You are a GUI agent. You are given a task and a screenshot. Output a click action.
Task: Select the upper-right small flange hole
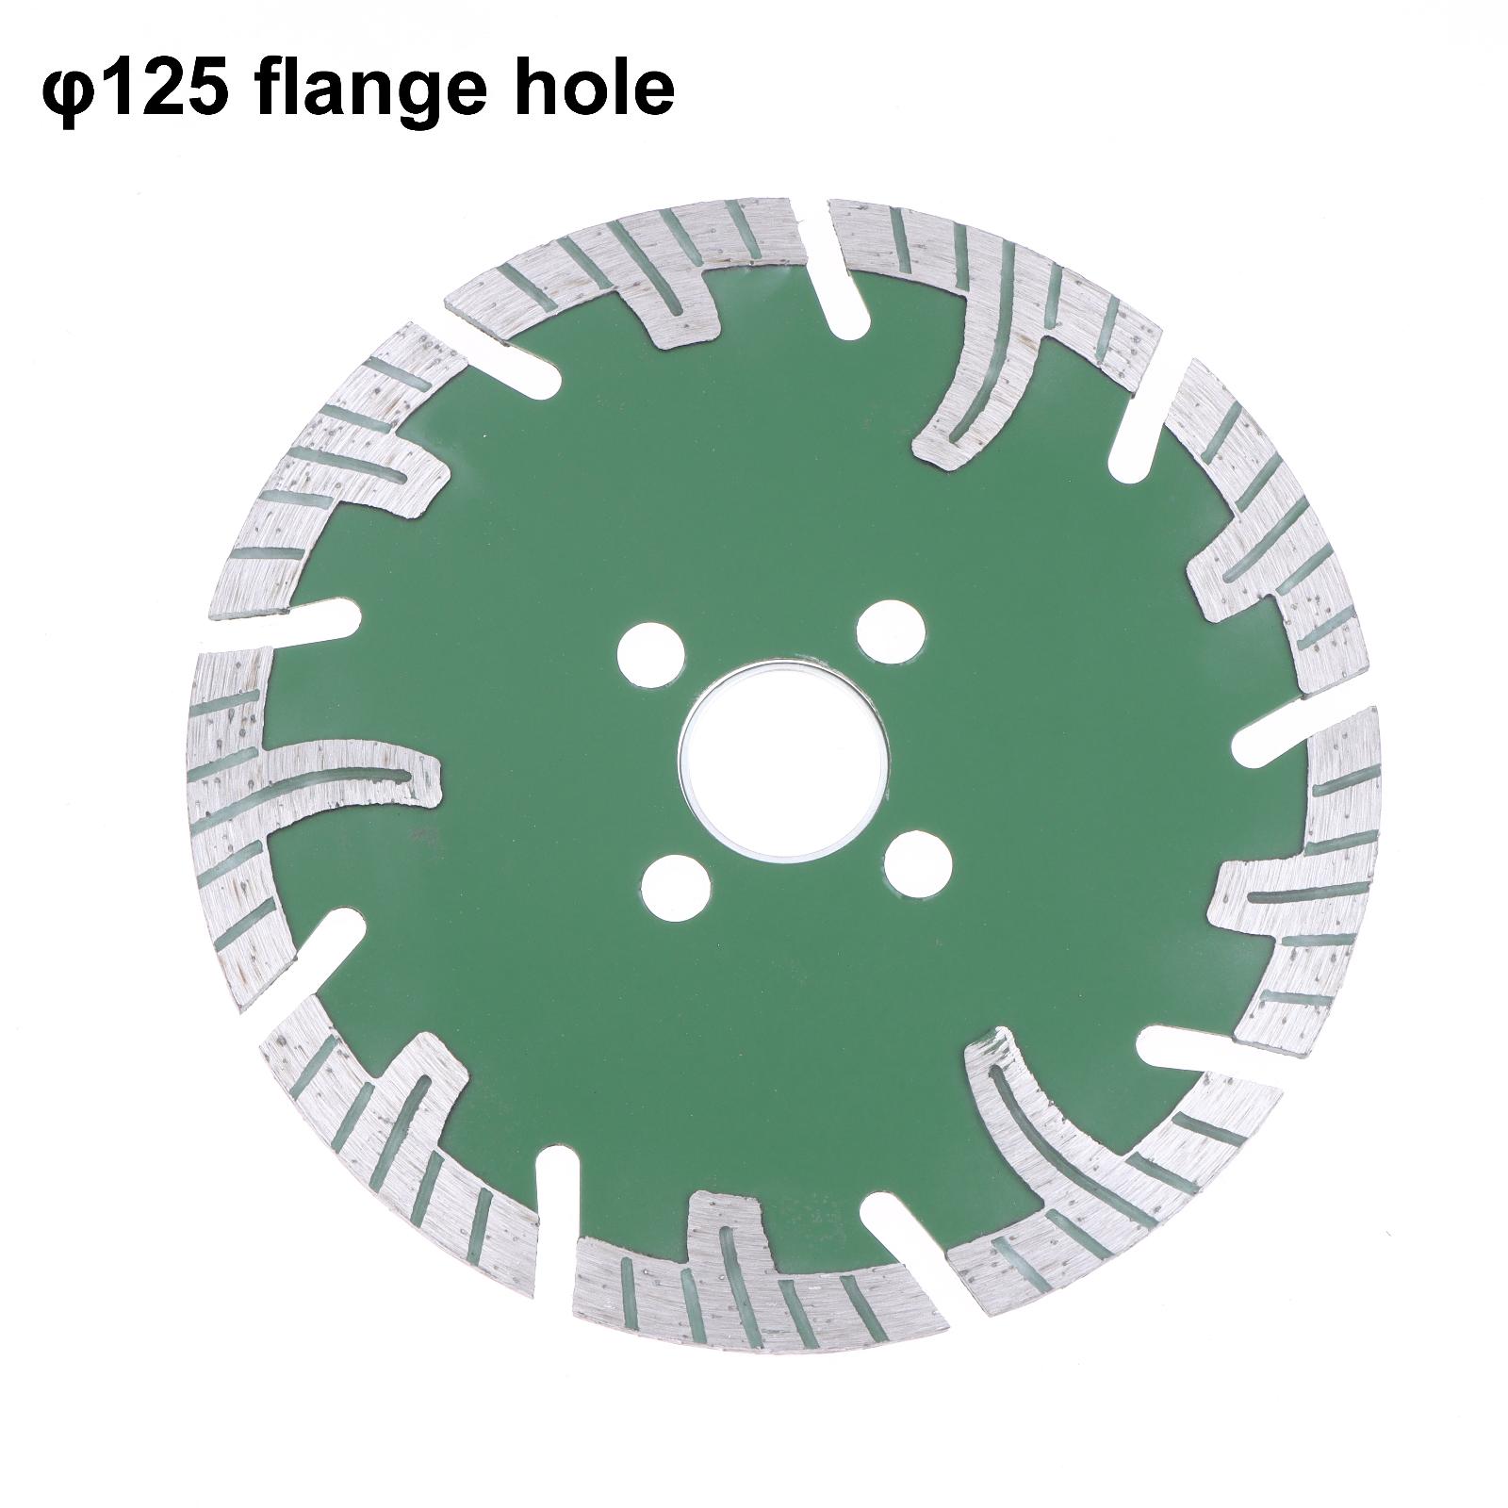(x=891, y=627)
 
